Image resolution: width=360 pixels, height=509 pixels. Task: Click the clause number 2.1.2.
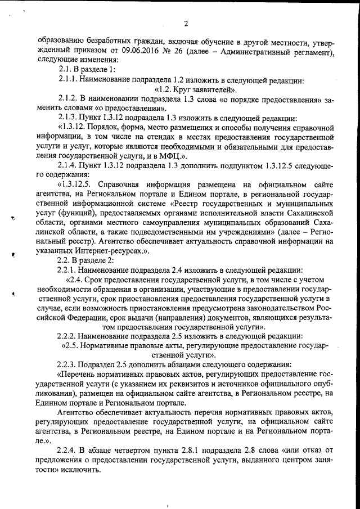tap(70, 100)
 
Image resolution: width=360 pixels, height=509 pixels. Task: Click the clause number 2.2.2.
tap(70, 336)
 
